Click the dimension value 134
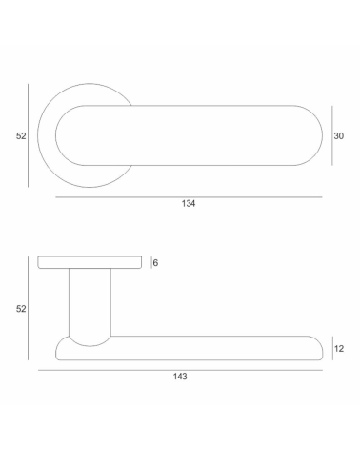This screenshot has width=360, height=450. (x=189, y=203)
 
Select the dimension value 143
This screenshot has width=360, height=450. (x=180, y=377)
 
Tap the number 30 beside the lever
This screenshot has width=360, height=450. (x=339, y=136)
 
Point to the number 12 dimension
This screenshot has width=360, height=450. (x=339, y=349)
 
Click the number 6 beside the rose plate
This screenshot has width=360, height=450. (x=155, y=263)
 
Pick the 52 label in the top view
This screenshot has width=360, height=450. (x=21, y=136)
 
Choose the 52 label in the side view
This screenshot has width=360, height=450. (x=21, y=309)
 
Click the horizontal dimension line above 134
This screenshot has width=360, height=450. (x=189, y=197)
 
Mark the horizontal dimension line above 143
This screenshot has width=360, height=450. (x=180, y=370)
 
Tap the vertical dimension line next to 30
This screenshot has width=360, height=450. (x=332, y=135)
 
